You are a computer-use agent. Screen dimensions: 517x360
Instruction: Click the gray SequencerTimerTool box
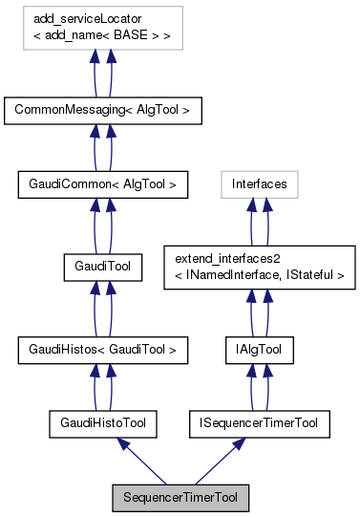tap(180, 498)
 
